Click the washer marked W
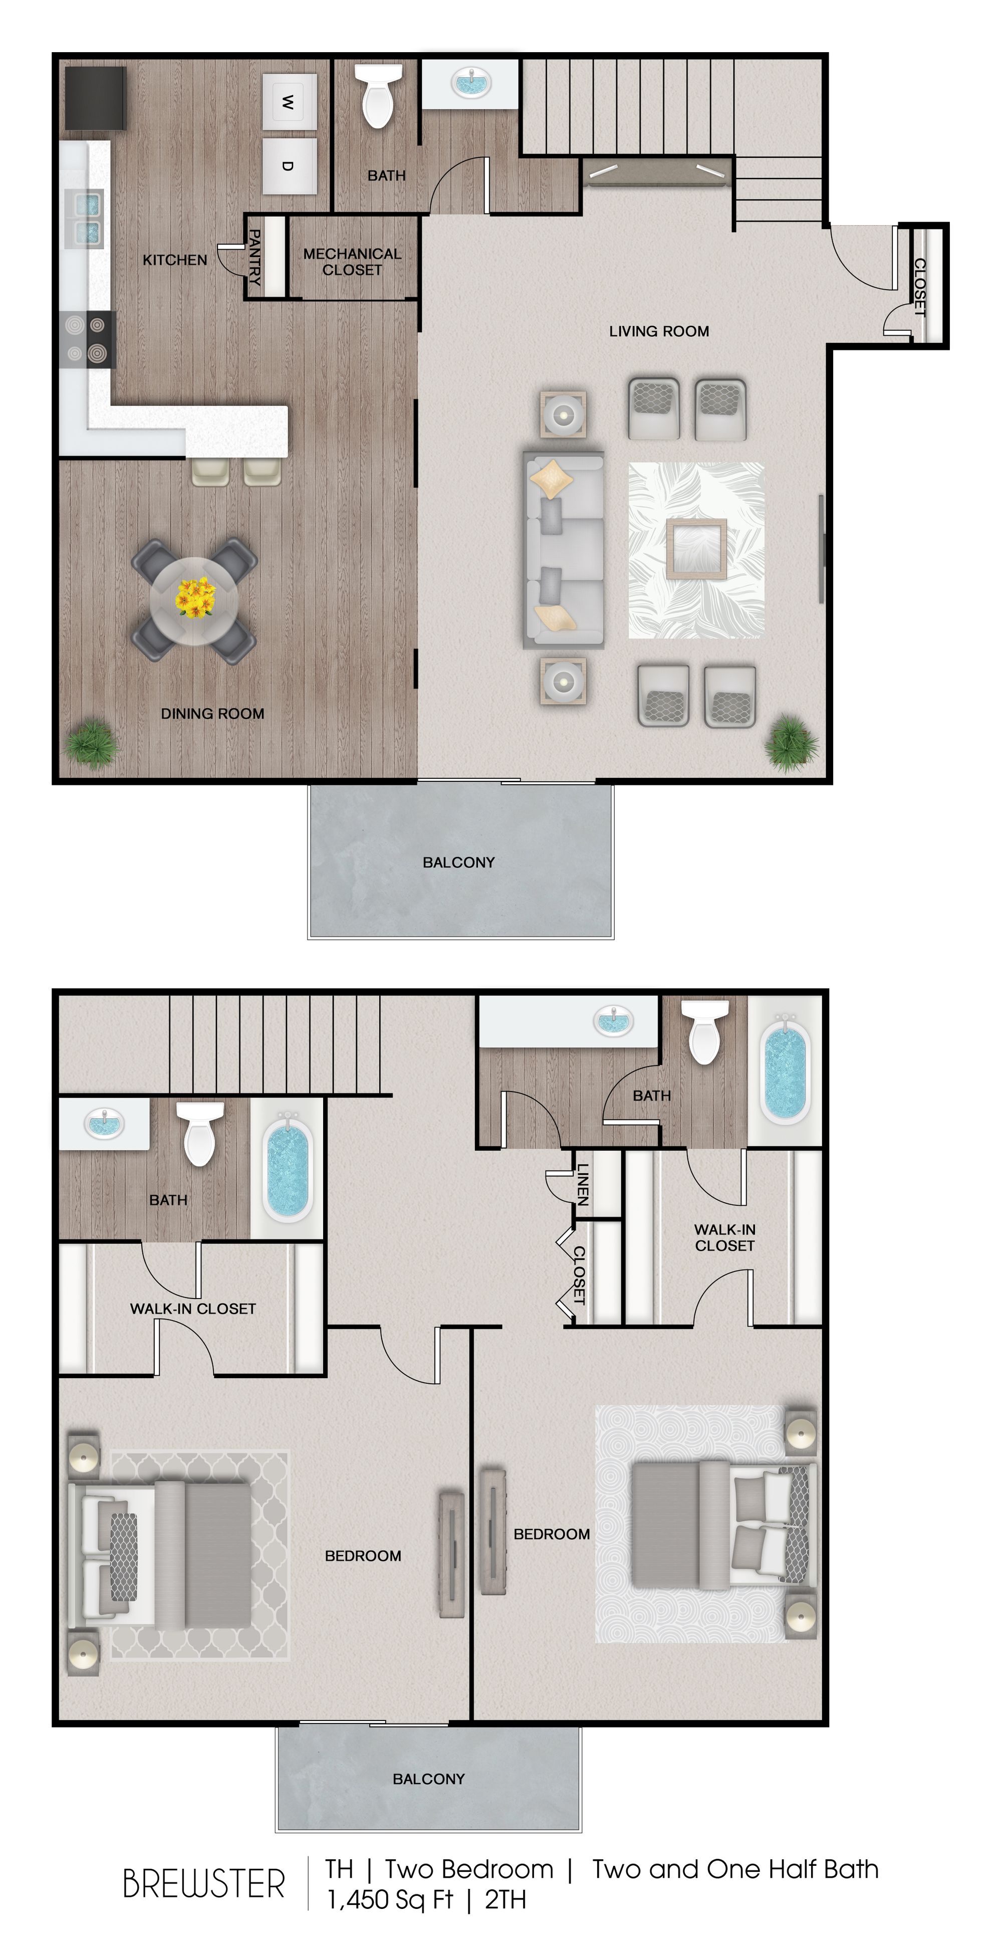click(290, 102)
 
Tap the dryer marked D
click(290, 165)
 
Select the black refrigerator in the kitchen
click(96, 98)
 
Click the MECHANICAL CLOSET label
click(352, 262)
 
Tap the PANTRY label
click(255, 257)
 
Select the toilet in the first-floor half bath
click(378, 96)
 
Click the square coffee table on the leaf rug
click(696, 548)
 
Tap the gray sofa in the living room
click(564, 550)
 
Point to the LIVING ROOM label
click(658, 331)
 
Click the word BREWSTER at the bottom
click(203, 1884)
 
